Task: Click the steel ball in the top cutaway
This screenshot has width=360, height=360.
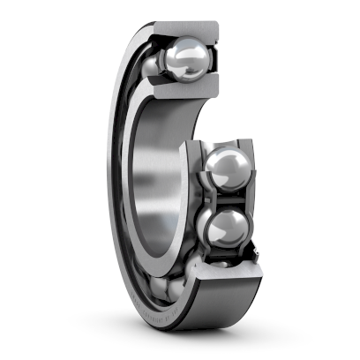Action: point(189,60)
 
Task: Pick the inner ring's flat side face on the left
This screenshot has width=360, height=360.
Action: point(133,176)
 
